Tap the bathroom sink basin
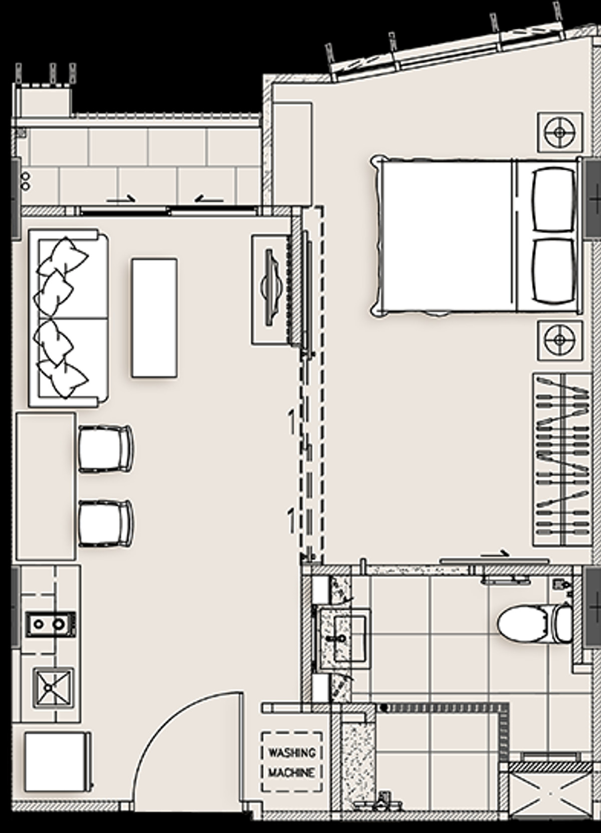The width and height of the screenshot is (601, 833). pyautogui.click(x=350, y=638)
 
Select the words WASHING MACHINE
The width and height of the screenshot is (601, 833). pyautogui.click(x=292, y=763)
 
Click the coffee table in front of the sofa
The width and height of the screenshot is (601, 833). pyautogui.click(x=154, y=318)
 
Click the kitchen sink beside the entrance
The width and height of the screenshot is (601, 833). pyautogui.click(x=53, y=688)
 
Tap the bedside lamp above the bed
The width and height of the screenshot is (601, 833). pyautogui.click(x=560, y=132)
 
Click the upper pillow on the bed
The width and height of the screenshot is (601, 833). pyautogui.click(x=554, y=199)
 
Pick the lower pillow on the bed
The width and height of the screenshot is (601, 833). pyautogui.click(x=554, y=271)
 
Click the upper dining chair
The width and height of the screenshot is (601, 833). pyautogui.click(x=106, y=449)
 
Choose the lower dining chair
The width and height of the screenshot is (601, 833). pyautogui.click(x=106, y=524)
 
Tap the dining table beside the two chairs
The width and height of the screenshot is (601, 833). pyautogui.click(x=46, y=486)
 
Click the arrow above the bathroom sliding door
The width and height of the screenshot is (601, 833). pyautogui.click(x=494, y=555)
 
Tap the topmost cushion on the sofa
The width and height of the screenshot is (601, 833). pyautogui.click(x=63, y=257)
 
